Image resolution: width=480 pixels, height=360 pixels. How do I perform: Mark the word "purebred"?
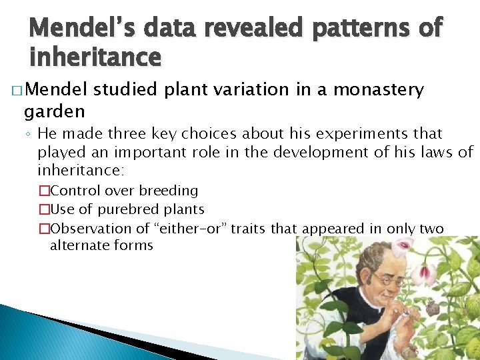pyautogui.click(x=126, y=209)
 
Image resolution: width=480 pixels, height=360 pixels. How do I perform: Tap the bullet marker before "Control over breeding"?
pyautogui.click(x=44, y=191)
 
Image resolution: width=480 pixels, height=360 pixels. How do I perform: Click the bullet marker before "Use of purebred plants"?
pyautogui.click(x=44, y=209)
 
